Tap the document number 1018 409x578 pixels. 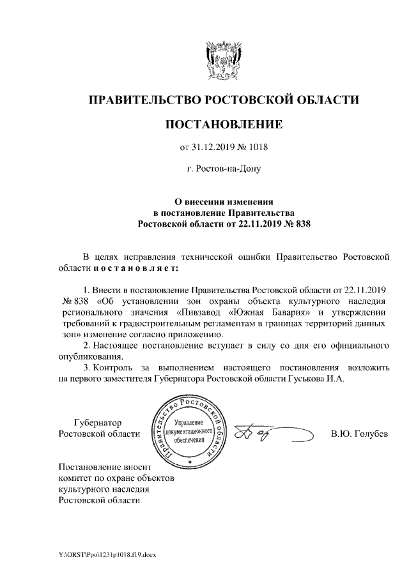click(256, 148)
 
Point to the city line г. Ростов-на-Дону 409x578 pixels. click(224, 169)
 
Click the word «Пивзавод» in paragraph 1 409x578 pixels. click(198, 311)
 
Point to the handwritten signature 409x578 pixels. click(272, 434)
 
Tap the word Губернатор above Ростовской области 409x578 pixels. click(98, 422)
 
